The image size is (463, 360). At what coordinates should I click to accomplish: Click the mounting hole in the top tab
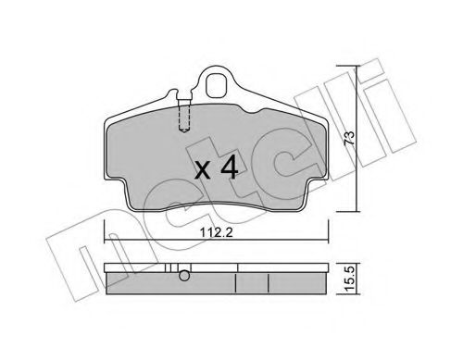tap(218, 86)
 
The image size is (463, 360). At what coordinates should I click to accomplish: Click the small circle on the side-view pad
tap(184, 275)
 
